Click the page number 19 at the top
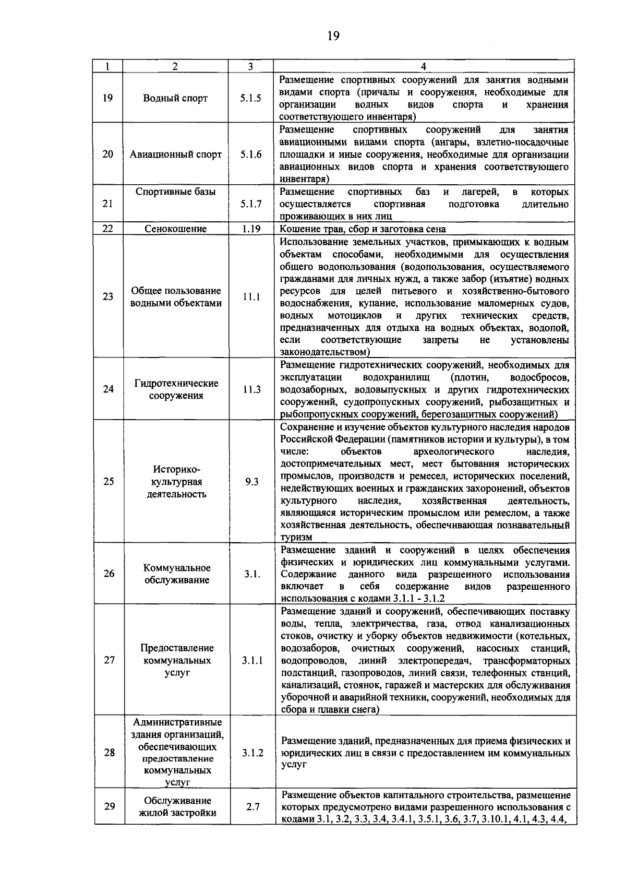(333, 35)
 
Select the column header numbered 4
(423, 66)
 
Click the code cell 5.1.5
(251, 98)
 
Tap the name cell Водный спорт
(175, 98)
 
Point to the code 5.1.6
(251, 154)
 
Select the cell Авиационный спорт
(175, 154)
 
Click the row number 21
(108, 204)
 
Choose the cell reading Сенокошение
(175, 229)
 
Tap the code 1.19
(251, 229)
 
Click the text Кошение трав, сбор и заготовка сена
(363, 229)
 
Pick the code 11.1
(251, 297)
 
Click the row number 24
(108, 389)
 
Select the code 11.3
(251, 389)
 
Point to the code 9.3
(251, 482)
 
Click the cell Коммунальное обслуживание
(176, 574)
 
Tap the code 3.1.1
(252, 660)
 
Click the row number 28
(109, 753)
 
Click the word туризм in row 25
(296, 538)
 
